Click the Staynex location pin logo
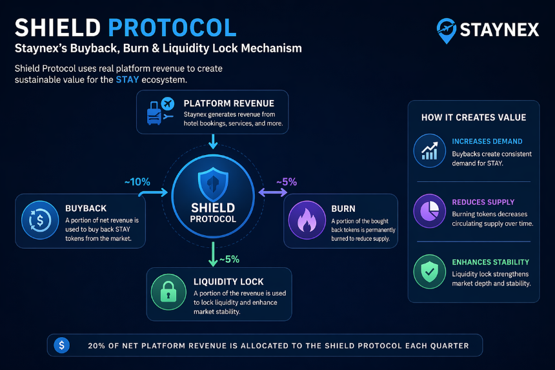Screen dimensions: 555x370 point(447,31)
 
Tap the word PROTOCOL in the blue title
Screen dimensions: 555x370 point(172,28)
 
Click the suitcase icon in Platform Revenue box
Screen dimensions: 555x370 point(154,113)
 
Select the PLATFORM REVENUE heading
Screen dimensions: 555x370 point(229,103)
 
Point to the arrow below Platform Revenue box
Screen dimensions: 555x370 point(213,141)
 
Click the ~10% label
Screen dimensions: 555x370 point(137,182)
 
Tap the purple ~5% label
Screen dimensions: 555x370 point(287,182)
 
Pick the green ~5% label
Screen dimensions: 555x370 point(229,260)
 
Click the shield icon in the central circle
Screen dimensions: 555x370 point(213,184)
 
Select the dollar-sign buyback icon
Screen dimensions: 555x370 point(40,220)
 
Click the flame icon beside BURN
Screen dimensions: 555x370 point(307,220)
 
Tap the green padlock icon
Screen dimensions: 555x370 point(168,292)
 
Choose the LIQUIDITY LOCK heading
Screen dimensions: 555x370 point(228,282)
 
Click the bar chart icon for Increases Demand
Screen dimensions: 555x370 point(430,150)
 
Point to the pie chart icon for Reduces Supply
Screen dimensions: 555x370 point(430,211)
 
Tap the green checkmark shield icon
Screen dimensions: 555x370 point(430,272)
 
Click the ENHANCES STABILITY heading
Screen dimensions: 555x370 point(490,262)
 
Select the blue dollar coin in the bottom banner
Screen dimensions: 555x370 point(61,345)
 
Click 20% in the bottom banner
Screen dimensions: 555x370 point(96,346)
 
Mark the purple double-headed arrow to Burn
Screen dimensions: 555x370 point(272,192)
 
